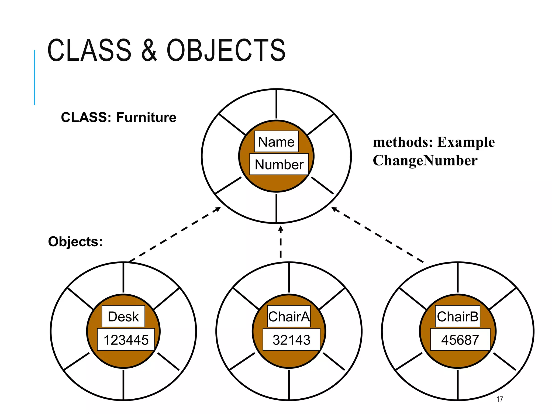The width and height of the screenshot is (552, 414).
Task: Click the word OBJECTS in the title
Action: pyautogui.click(x=226, y=50)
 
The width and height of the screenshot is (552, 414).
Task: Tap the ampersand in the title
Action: pyautogui.click(x=149, y=50)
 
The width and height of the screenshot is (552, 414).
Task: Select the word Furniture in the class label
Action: pyautogui.click(x=146, y=118)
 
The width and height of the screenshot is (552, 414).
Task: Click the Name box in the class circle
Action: pyautogui.click(x=276, y=142)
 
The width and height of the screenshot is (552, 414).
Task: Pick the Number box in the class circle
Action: pyautogui.click(x=279, y=164)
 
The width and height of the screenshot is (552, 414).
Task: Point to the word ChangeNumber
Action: pyautogui.click(x=425, y=161)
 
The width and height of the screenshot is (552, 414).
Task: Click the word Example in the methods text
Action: pyautogui.click(x=466, y=142)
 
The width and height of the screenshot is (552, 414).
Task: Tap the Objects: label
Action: pyautogui.click(x=75, y=241)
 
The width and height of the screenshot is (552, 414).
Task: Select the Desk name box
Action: pyautogui.click(x=123, y=316)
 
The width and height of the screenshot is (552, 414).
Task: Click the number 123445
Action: pyautogui.click(x=126, y=340)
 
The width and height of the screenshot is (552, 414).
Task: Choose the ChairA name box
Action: pyautogui.click(x=289, y=316)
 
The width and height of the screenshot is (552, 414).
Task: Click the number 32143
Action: pyautogui.click(x=291, y=340)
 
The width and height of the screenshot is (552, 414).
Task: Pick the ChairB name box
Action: pyautogui.click(x=458, y=316)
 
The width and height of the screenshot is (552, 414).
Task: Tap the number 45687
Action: pyautogui.click(x=460, y=340)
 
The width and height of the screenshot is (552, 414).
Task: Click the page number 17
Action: pyautogui.click(x=499, y=399)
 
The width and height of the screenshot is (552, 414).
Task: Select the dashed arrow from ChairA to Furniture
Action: pyautogui.click(x=281, y=243)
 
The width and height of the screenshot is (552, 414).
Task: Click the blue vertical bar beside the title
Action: pyautogui.click(x=34, y=77)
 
